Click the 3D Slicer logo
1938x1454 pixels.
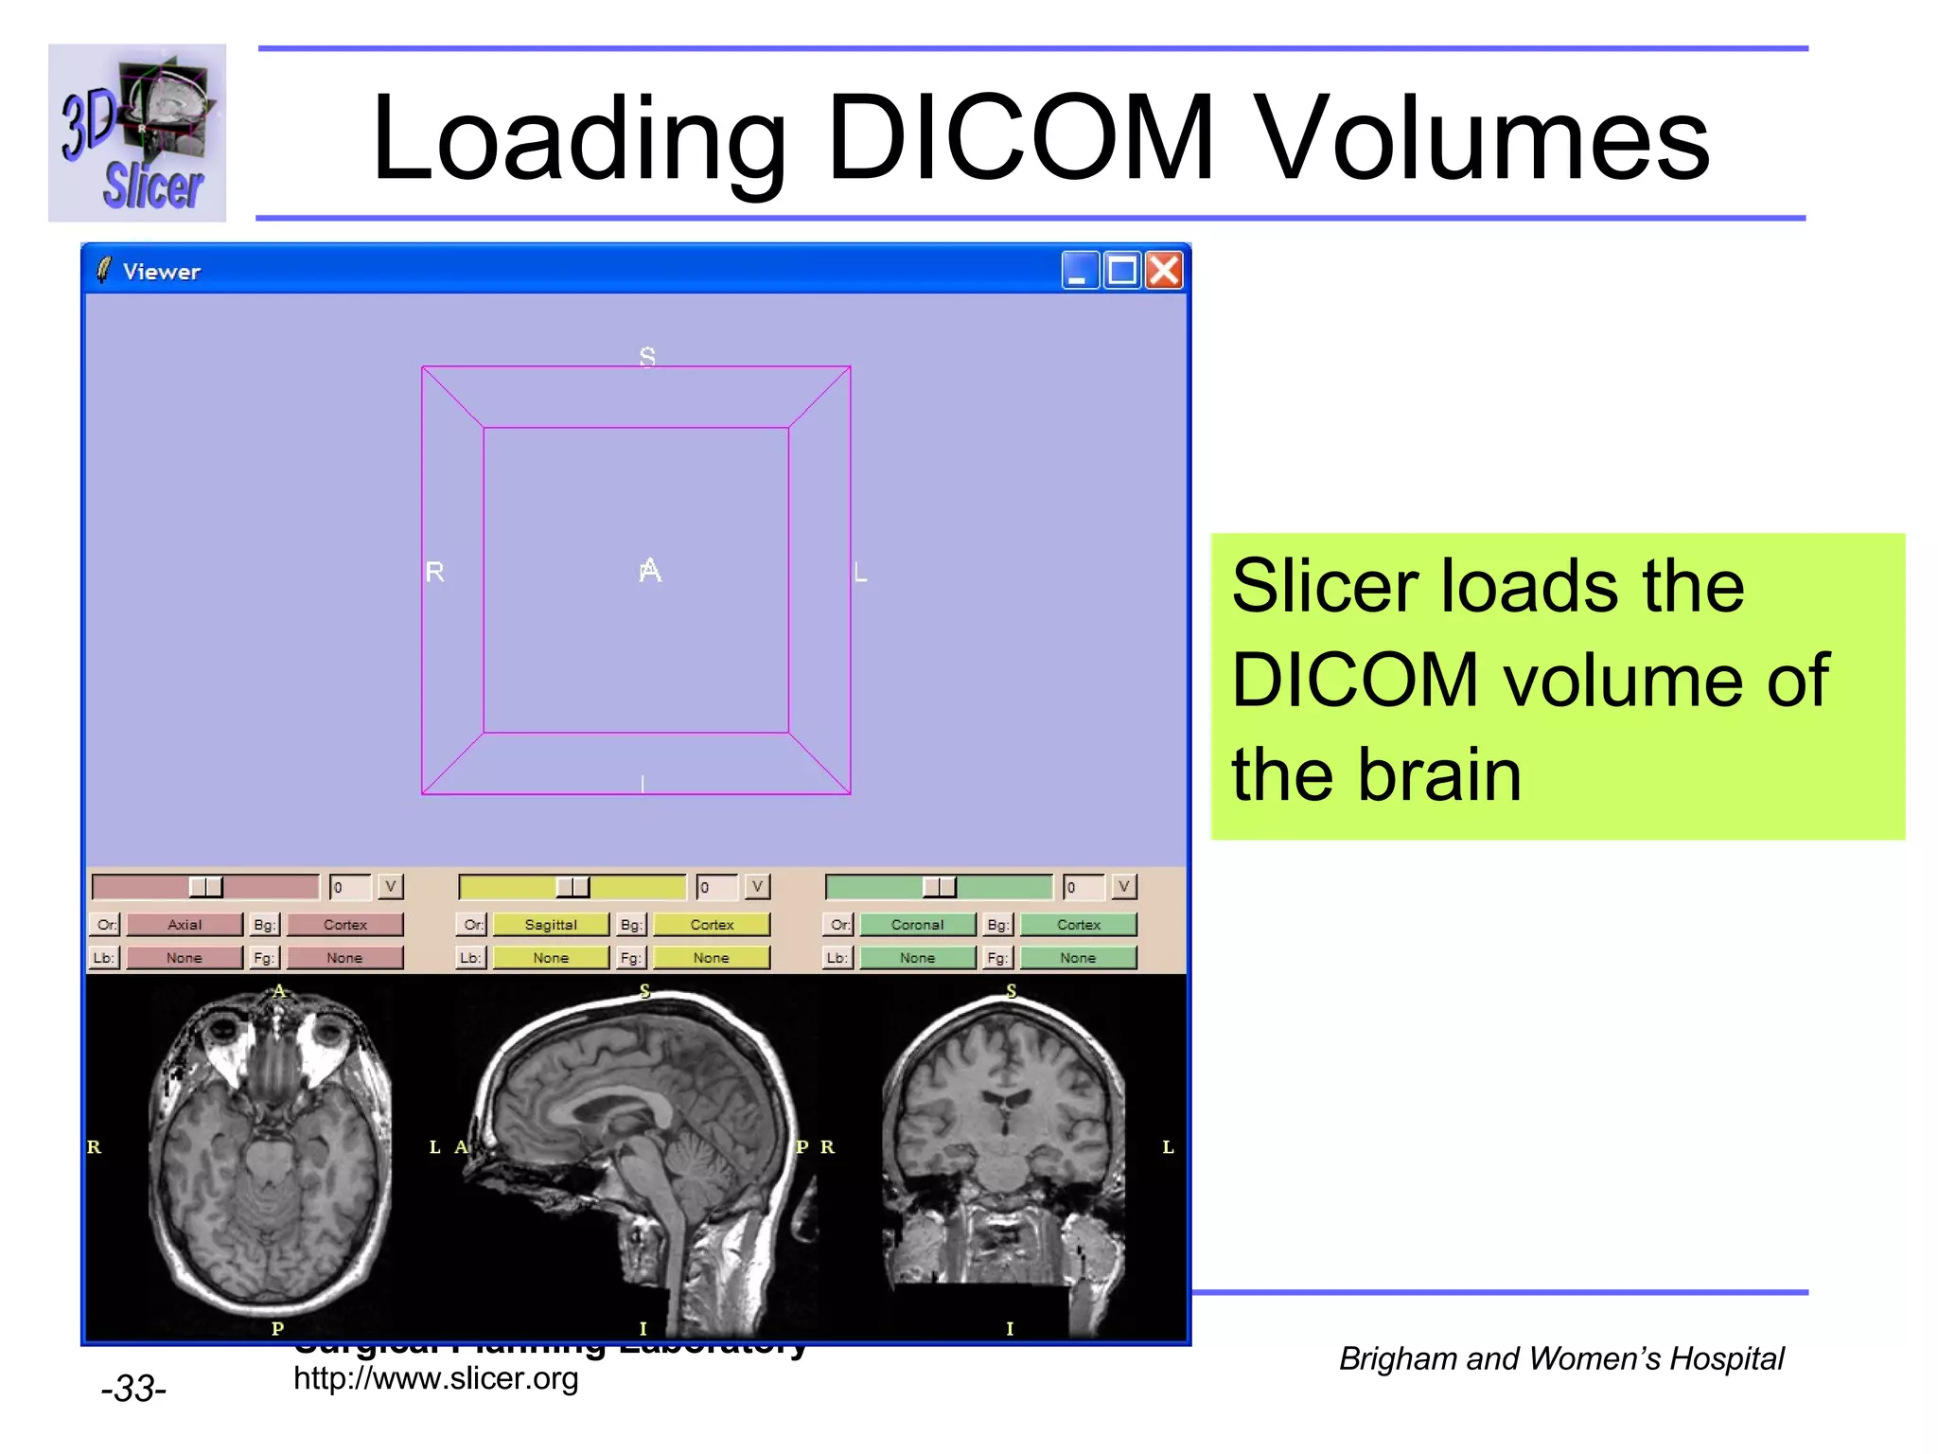[137, 133]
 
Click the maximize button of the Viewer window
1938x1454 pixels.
[1122, 271]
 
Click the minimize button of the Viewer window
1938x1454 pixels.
[1080, 271]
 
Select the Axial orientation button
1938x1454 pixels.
[185, 925]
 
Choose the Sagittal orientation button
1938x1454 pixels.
[551, 925]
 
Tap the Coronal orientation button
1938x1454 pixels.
[917, 925]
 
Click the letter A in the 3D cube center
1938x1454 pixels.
[650, 571]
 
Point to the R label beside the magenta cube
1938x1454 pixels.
[434, 572]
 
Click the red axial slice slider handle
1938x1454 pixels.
[205, 887]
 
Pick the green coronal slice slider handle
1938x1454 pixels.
[939, 887]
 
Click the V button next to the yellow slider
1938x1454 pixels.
[757, 887]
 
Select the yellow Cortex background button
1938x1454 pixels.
[712, 925]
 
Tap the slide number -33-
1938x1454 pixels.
[133, 1389]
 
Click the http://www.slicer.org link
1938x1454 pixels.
[435, 1378]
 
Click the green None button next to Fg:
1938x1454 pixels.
[1078, 958]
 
